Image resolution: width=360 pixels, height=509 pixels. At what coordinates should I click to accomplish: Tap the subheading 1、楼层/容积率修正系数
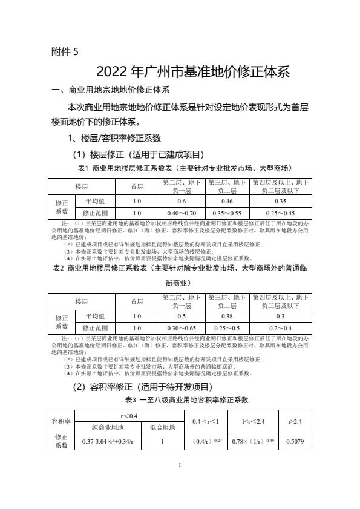pos(114,139)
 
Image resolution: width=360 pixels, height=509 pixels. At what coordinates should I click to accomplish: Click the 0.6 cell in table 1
pos(181,201)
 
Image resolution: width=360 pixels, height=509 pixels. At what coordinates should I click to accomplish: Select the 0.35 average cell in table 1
pos(280,201)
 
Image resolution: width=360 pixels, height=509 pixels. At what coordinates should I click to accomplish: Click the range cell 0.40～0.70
pos(181,213)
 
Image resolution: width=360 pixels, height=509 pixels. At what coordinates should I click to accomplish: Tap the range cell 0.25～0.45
pos(280,213)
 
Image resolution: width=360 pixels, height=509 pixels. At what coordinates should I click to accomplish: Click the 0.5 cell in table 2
pos(181,316)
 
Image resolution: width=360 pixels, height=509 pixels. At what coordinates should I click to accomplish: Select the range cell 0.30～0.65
pos(181,328)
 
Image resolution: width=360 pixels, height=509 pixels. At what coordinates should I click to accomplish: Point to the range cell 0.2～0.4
pos(280,328)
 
